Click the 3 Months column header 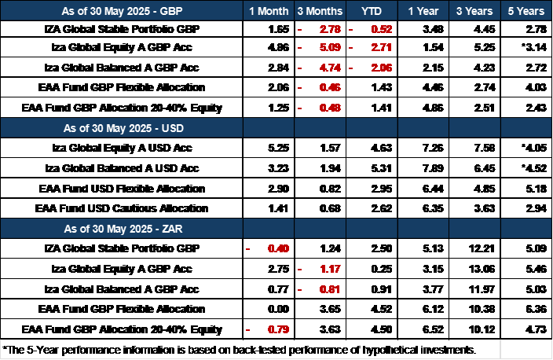pos(320,11)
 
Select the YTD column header pos(372,11)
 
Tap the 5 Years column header pos(526,11)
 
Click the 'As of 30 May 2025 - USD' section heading pos(123,128)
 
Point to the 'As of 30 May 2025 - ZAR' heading pos(123,229)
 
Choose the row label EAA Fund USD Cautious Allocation pos(121,208)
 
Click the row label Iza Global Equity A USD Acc pos(122,148)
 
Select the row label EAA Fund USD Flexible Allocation pos(122,189)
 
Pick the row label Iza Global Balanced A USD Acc pos(122,168)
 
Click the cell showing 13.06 pos(482,270)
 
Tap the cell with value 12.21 pos(482,249)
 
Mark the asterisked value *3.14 pos(534,47)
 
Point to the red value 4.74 pos(330,68)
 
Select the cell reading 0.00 pos(278,310)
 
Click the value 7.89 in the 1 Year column pos(433,168)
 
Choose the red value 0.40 pos(278,249)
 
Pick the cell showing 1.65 pos(279,29)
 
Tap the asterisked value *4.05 pos(534,148)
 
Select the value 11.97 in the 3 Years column pos(482,289)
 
